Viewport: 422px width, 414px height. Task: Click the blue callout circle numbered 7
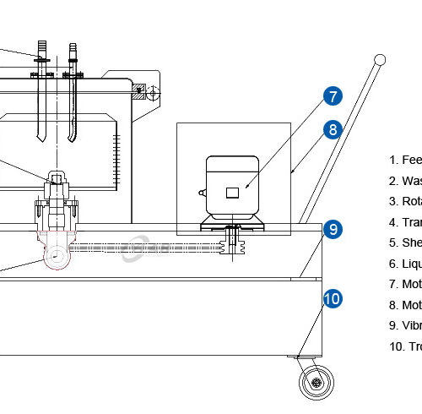(333, 95)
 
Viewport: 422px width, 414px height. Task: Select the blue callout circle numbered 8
(333, 129)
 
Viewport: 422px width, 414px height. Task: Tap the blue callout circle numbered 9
(333, 228)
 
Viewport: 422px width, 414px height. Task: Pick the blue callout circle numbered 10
(333, 298)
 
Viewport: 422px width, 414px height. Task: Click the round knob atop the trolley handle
(380, 59)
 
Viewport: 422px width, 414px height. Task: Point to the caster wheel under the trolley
(317, 382)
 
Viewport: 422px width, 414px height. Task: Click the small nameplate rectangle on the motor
(232, 193)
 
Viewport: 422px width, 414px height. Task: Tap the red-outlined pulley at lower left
(57, 258)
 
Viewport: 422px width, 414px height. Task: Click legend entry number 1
(405, 160)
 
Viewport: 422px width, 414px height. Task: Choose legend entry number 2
(405, 181)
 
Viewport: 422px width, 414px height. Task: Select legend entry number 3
(405, 201)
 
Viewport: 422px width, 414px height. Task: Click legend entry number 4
(405, 222)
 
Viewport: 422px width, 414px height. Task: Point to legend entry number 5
(405, 243)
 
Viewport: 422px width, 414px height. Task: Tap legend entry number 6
(405, 264)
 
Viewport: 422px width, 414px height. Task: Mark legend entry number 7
(405, 285)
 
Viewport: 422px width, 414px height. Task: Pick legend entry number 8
(405, 305)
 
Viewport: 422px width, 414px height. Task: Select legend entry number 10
(405, 346)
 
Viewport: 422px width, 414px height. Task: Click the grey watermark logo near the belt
(135, 250)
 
